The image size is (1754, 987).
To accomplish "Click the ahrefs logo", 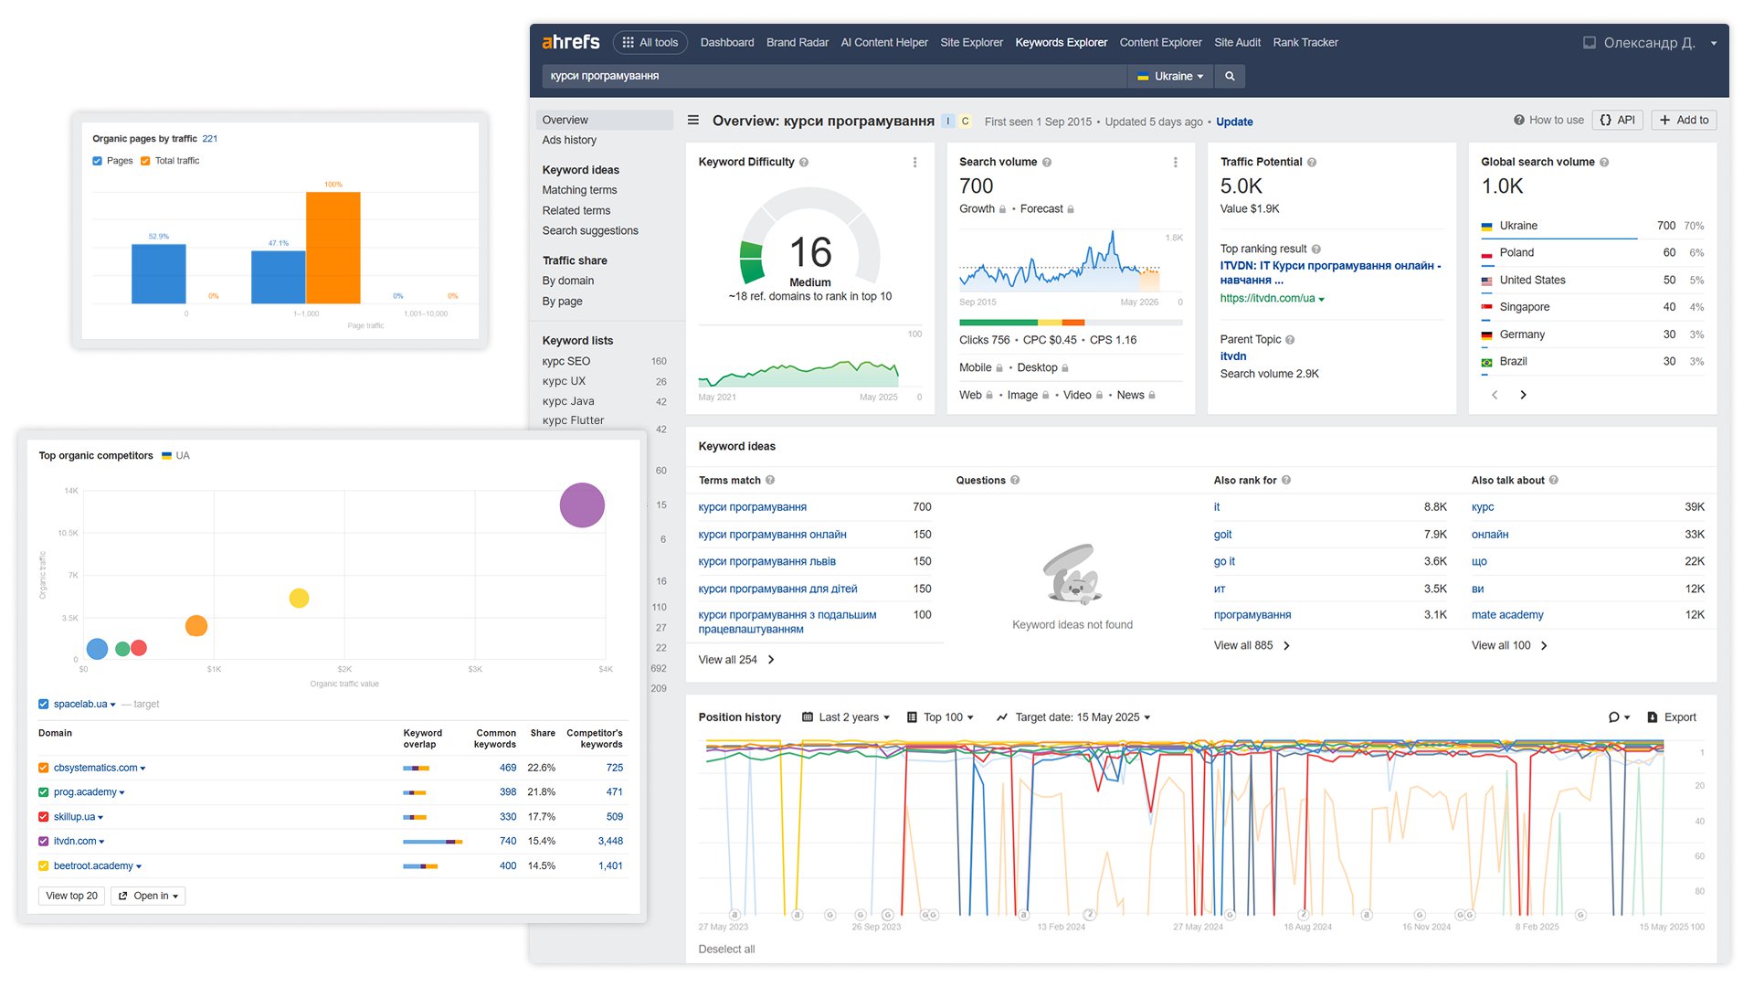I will point(570,42).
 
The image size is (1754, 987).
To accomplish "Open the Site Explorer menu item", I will point(971,42).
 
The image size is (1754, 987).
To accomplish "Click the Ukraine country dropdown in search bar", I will point(1169,77).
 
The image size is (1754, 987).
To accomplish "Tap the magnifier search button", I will point(1230,77).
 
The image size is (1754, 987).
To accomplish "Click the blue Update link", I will point(1234,122).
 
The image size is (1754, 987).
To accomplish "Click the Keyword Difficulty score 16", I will point(810,252).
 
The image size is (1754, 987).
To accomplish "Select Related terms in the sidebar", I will point(576,210).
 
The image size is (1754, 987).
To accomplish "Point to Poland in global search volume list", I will point(1516,252).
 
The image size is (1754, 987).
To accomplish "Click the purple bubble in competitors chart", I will point(582,505).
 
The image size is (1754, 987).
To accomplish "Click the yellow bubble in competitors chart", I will point(299,599).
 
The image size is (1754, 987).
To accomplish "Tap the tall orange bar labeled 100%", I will point(333,247).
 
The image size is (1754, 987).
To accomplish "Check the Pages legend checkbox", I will point(98,161).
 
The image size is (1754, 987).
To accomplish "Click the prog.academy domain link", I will point(85,792).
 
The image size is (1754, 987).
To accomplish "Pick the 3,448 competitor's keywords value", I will point(610,842).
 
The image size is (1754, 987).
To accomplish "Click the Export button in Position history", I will point(1672,717).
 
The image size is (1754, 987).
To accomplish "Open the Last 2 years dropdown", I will point(846,717).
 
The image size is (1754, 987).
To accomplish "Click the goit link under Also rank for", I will point(1222,535).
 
